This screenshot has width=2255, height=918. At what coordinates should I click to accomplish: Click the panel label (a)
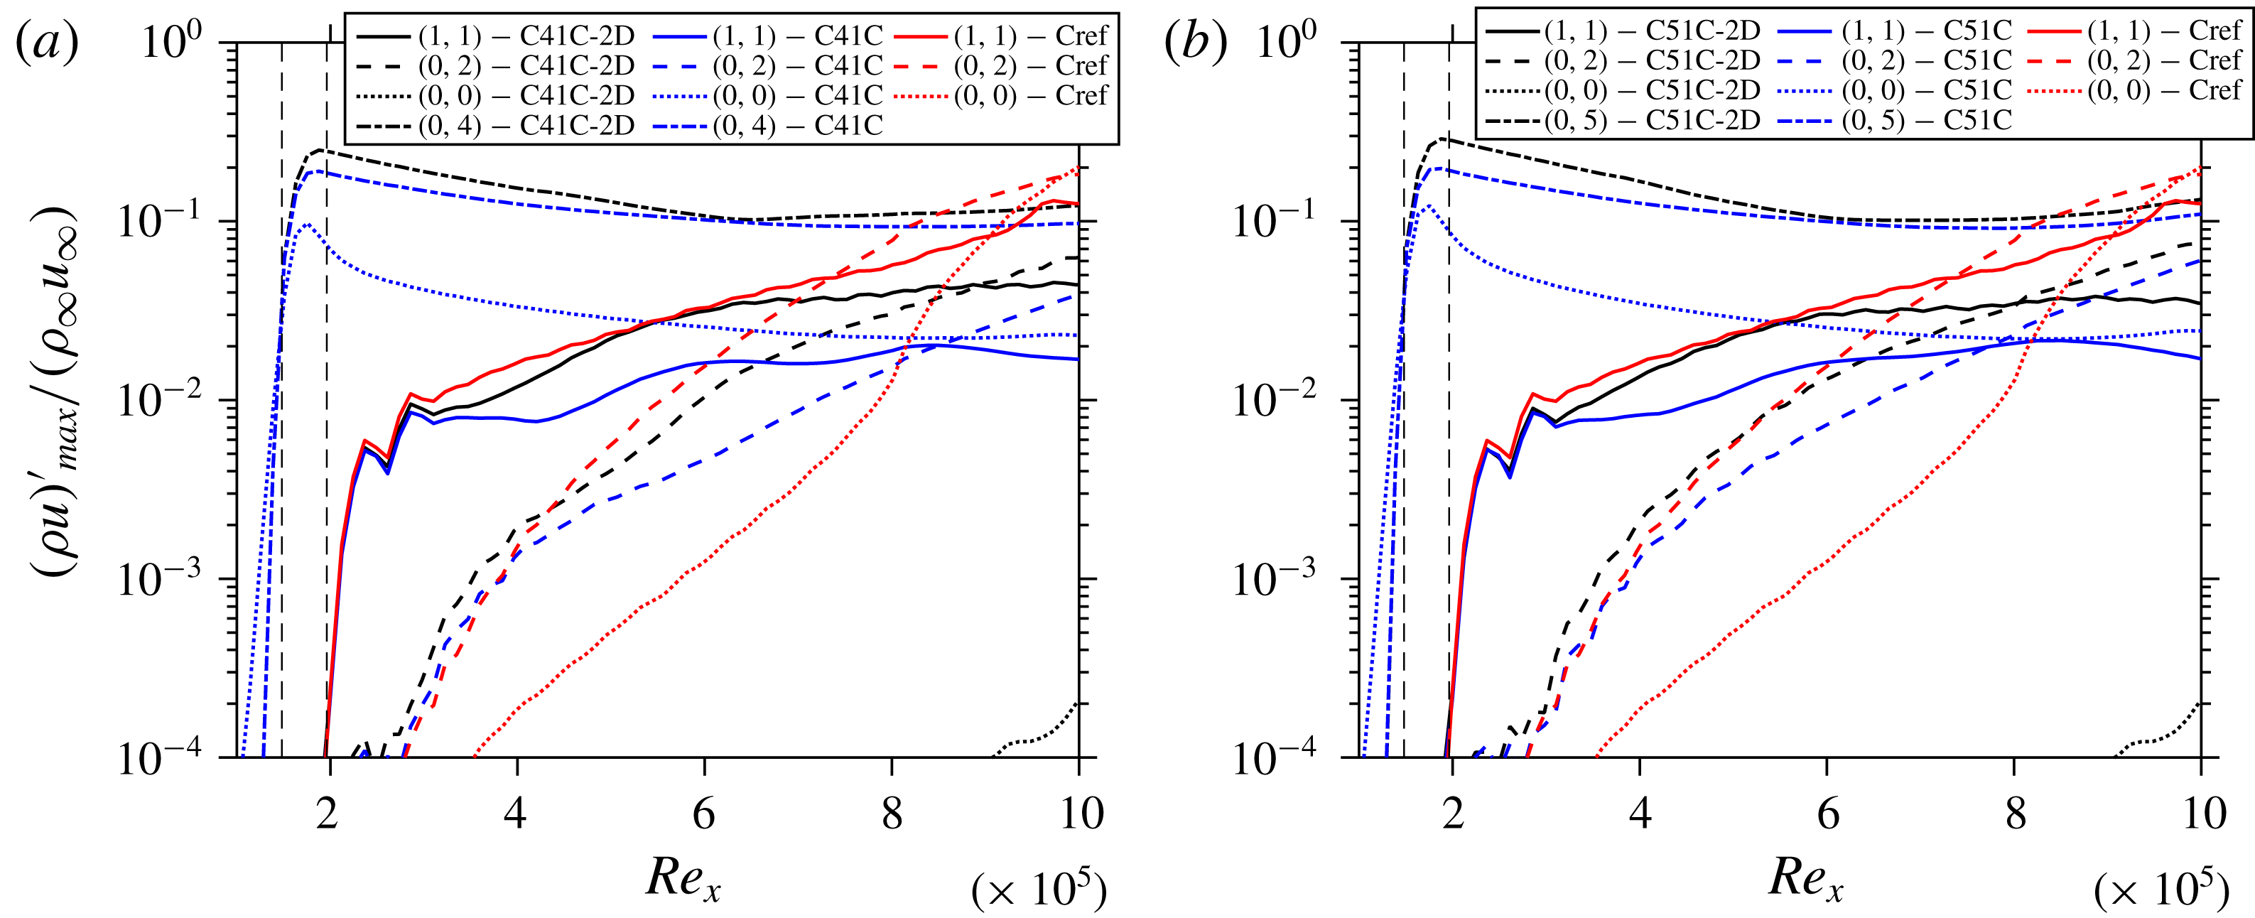coord(48,42)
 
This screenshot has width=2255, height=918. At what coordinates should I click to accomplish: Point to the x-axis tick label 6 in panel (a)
coord(704,813)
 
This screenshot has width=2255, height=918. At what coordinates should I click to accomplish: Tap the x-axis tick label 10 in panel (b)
coord(2199,813)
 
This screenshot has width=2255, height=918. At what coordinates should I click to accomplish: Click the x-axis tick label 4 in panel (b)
coord(1640,813)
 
